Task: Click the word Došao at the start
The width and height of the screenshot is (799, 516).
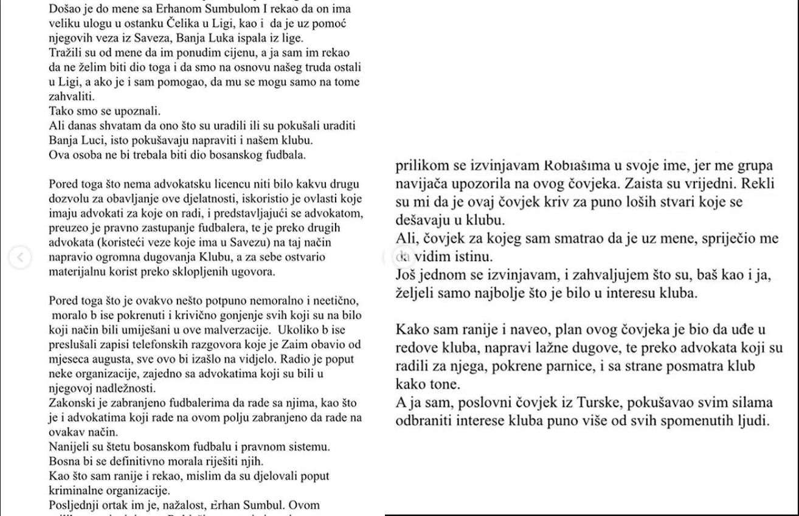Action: (64, 10)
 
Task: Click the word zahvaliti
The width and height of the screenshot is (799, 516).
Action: (72, 97)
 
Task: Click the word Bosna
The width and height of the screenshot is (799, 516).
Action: (63, 461)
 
